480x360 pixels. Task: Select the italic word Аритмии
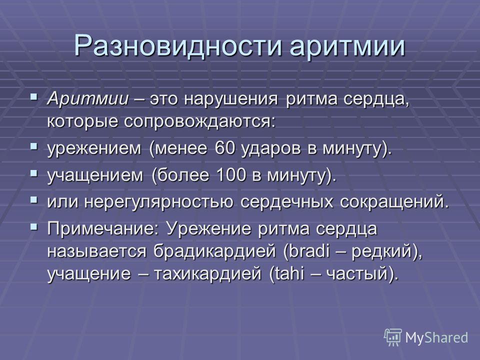coord(88,98)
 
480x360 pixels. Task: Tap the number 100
coord(231,175)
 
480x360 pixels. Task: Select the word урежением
coord(94,149)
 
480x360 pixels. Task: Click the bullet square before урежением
coord(34,146)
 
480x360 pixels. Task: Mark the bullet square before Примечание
coord(34,227)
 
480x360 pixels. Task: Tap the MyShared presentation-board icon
coord(393,337)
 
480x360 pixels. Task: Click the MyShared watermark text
coord(436,337)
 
